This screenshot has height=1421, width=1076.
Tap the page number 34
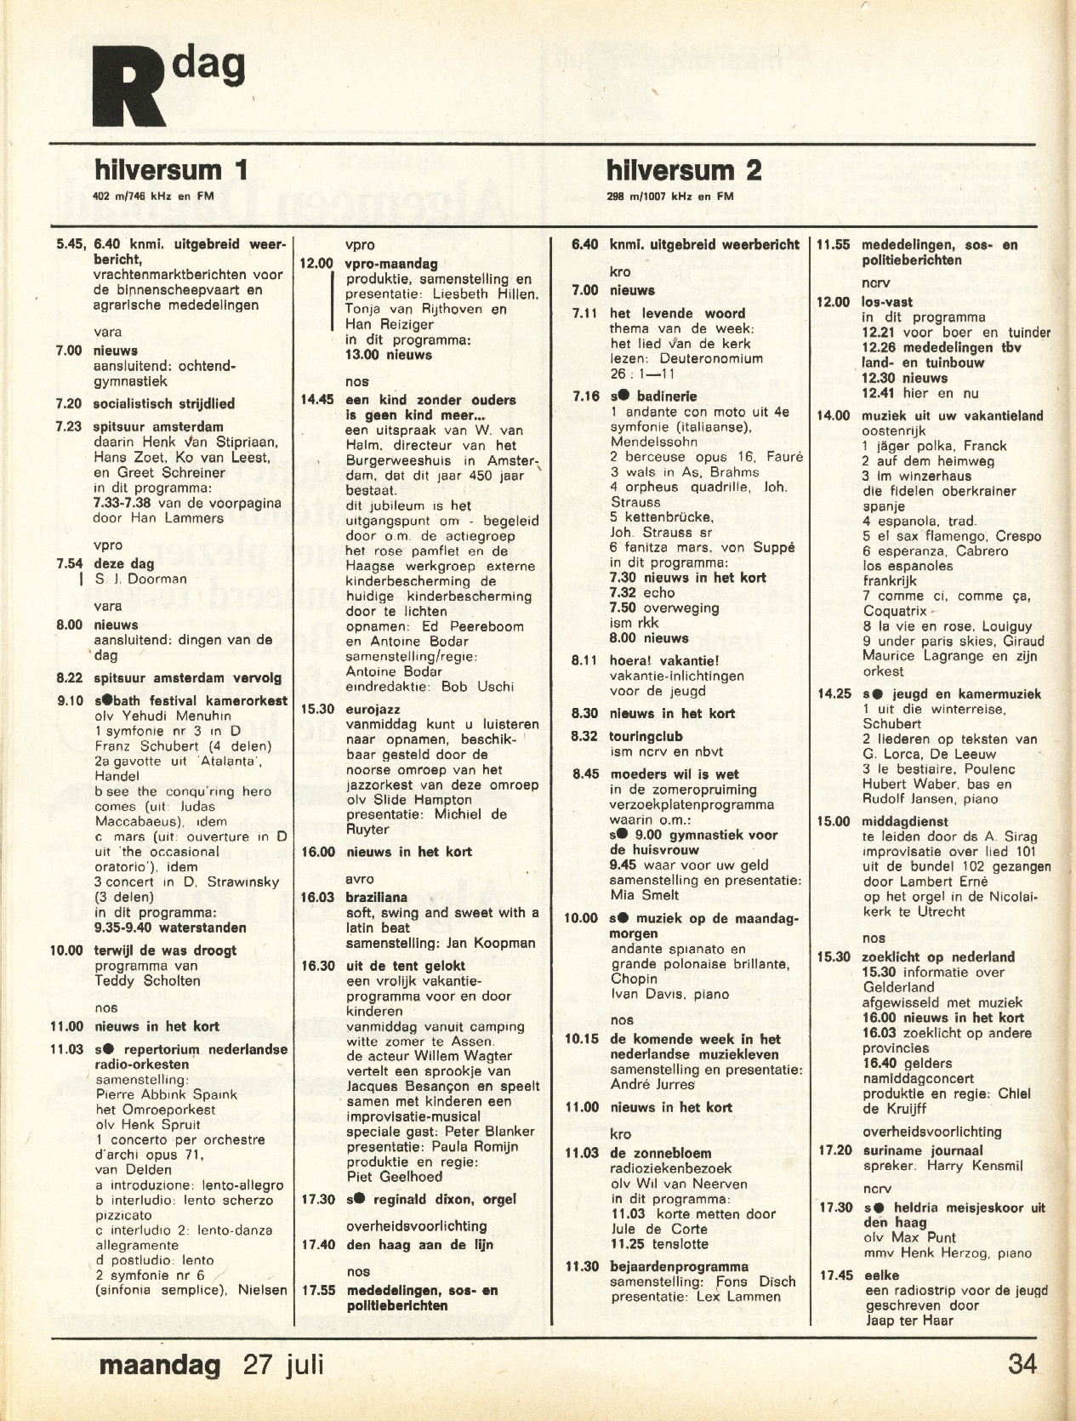click(1022, 1365)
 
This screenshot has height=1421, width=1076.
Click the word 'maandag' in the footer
click(160, 1365)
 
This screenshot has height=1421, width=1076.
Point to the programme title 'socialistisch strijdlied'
click(164, 404)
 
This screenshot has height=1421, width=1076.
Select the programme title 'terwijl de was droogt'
click(165, 950)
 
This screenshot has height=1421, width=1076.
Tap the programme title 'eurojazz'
click(373, 709)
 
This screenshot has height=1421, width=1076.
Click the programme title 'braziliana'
click(377, 898)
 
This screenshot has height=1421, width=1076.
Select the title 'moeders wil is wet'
click(674, 774)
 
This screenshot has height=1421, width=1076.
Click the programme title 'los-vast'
click(887, 302)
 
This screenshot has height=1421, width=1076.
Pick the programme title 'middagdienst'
click(903, 821)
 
